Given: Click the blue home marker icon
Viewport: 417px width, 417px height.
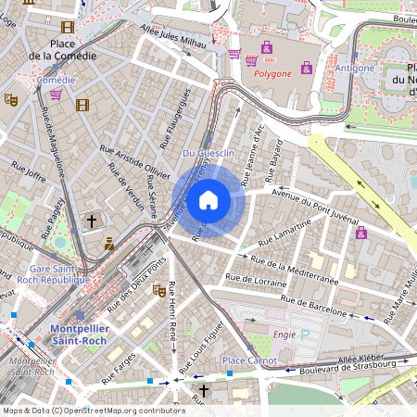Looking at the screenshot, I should coord(208,200).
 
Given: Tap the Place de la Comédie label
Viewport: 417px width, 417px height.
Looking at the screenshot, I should coord(62,49).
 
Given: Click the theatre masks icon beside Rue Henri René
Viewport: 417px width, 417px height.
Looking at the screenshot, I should coord(159,290).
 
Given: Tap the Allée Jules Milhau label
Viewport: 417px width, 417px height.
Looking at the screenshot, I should coord(171,33).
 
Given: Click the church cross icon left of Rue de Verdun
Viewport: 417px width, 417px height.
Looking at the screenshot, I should coord(91,221).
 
